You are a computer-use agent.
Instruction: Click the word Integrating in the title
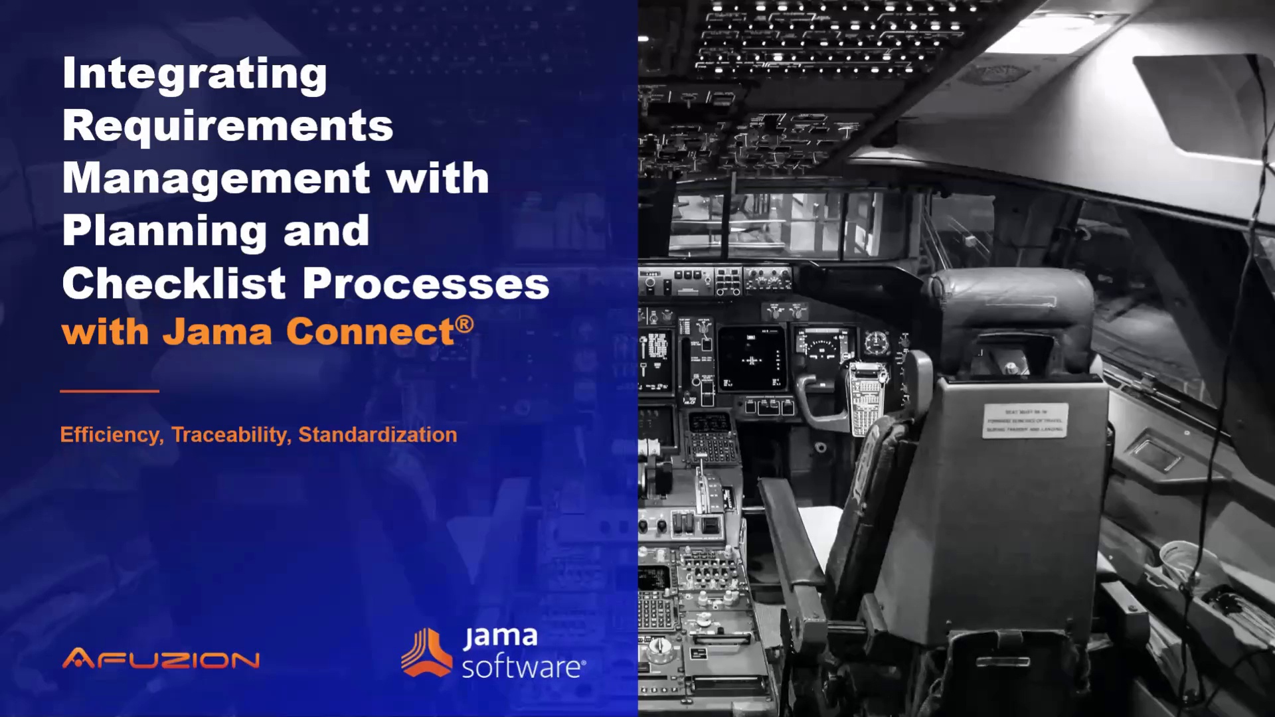(x=194, y=74)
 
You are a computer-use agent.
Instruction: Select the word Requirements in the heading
(x=228, y=126)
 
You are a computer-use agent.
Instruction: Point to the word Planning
(x=164, y=231)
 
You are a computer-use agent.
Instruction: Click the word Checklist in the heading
(x=174, y=283)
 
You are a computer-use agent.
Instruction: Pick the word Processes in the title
(x=426, y=283)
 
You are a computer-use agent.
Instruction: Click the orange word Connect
(x=370, y=331)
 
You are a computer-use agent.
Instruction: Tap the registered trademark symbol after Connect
(x=465, y=324)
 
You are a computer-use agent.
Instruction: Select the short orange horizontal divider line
(x=110, y=391)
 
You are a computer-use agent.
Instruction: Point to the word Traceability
(x=230, y=435)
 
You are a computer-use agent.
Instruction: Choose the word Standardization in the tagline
(x=377, y=435)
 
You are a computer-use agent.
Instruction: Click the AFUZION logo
(x=161, y=659)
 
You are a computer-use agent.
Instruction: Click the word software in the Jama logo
(x=522, y=667)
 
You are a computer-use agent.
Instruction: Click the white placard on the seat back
(x=1025, y=420)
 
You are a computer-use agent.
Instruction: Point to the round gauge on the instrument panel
(x=876, y=343)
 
